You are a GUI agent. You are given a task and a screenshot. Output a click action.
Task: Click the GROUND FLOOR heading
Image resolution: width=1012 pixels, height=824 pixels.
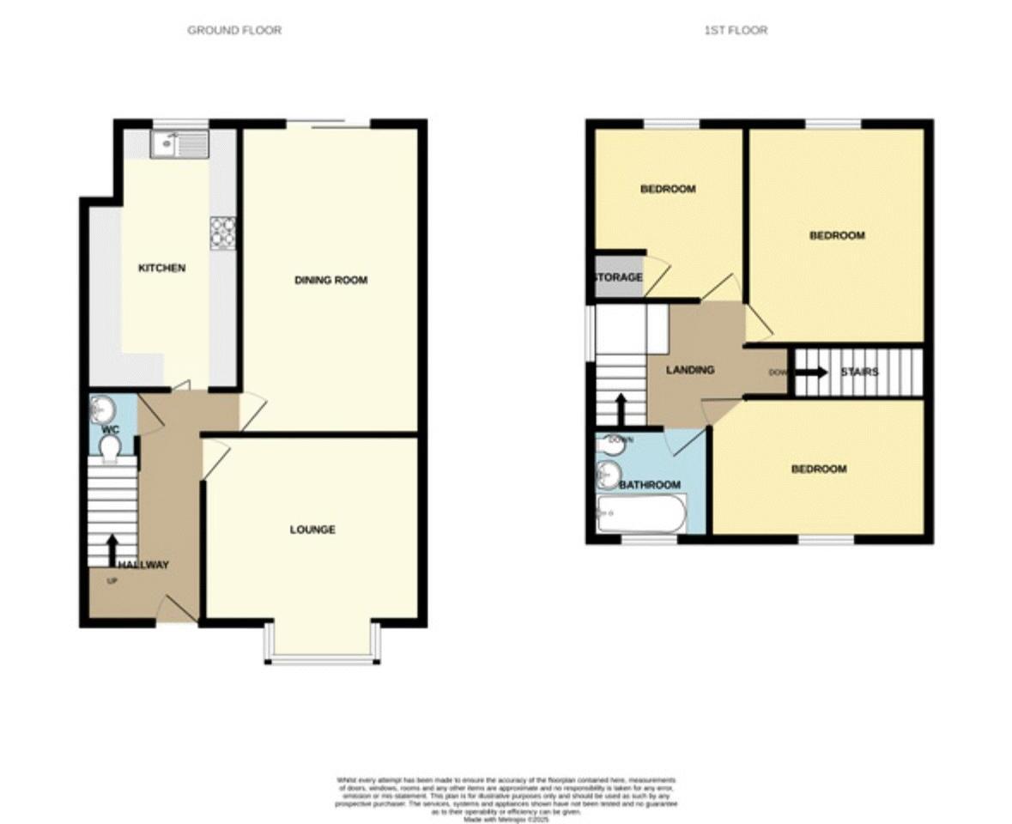click(234, 30)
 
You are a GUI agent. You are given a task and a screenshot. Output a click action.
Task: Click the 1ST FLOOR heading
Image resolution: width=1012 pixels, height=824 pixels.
click(736, 30)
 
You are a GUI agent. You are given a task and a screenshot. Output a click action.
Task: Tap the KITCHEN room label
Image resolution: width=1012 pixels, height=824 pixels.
click(161, 269)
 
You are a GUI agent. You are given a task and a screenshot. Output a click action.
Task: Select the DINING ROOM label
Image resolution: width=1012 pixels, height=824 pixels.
click(330, 280)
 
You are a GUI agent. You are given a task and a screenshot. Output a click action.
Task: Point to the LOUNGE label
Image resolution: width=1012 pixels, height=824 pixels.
click(312, 530)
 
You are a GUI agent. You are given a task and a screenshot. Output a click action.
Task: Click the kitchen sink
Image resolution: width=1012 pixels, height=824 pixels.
click(179, 143)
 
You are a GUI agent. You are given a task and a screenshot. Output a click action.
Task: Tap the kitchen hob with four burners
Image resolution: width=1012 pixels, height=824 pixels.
click(223, 231)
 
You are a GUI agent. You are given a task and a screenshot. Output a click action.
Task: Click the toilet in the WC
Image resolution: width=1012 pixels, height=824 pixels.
click(110, 448)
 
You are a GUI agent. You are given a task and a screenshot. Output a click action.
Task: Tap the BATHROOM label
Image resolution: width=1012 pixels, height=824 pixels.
click(650, 485)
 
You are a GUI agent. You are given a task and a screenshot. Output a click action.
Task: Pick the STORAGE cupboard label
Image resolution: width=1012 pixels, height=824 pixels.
click(618, 278)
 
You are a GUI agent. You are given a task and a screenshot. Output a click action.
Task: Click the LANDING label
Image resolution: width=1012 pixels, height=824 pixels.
click(690, 370)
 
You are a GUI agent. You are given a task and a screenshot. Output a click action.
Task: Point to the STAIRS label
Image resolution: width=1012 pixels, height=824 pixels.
click(859, 372)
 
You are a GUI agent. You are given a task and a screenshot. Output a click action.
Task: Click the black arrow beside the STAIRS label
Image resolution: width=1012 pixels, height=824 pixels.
click(810, 373)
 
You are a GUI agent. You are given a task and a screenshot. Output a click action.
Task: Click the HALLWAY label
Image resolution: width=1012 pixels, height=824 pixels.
click(143, 565)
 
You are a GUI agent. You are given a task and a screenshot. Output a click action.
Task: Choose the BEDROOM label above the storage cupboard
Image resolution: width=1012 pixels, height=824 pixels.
click(667, 189)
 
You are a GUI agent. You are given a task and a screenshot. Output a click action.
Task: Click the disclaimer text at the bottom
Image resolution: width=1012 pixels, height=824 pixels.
click(506, 799)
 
